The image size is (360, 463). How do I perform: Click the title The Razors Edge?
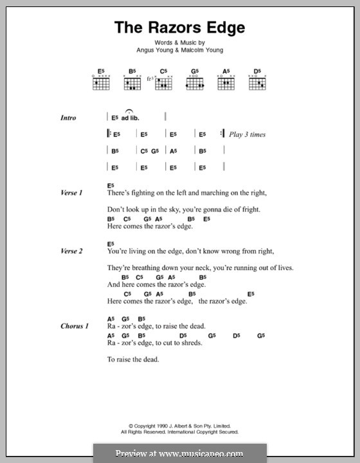[179, 28]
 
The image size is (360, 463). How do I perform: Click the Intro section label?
[68, 118]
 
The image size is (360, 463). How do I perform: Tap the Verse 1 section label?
[71, 192]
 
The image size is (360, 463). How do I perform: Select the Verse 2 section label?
[71, 251]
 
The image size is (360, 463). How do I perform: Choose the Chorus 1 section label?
[74, 326]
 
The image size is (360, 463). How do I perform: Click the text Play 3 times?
[248, 134]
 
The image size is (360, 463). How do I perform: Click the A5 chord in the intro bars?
[173, 151]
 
